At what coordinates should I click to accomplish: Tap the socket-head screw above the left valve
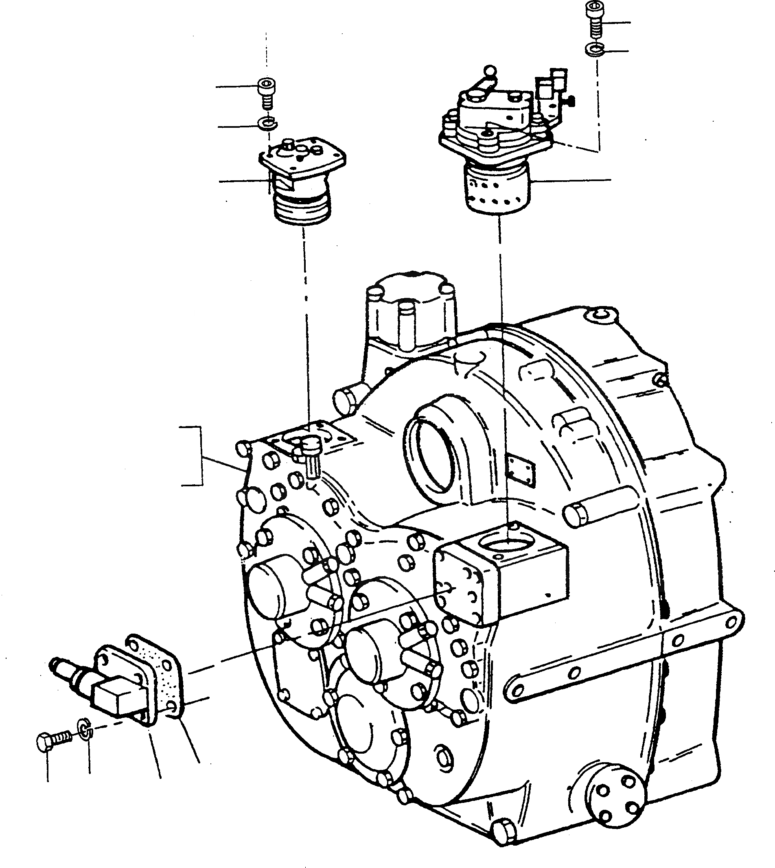click(x=267, y=91)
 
